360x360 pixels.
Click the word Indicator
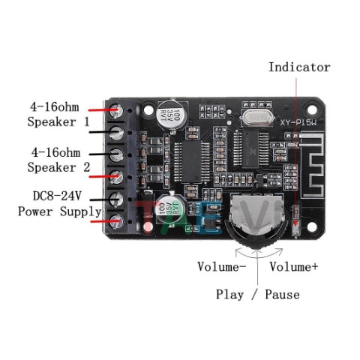pos(299,67)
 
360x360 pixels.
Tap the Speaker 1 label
pos(58,122)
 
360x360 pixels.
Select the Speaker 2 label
pos(58,167)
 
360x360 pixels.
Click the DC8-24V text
pos(57,196)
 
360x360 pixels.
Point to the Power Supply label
pos(60,211)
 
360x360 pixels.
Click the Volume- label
pos(222,266)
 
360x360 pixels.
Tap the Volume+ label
pos(294,266)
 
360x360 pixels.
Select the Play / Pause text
pos(258,294)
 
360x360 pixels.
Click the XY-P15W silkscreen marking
pos(298,123)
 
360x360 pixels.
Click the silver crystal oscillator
pos(257,118)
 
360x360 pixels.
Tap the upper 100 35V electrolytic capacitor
pos(171,115)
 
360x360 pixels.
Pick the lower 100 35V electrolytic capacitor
pos(170,208)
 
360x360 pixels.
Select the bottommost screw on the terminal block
pos(116,221)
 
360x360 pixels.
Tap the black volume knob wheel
pos(256,235)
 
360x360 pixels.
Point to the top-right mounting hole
pos(312,109)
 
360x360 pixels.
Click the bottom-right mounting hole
pos(312,226)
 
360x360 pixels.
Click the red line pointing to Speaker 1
pos(103,110)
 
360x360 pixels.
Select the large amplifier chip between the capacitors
pos(191,162)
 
